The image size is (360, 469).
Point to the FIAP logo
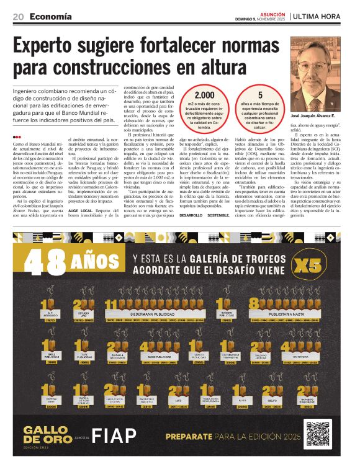[114, 435]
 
